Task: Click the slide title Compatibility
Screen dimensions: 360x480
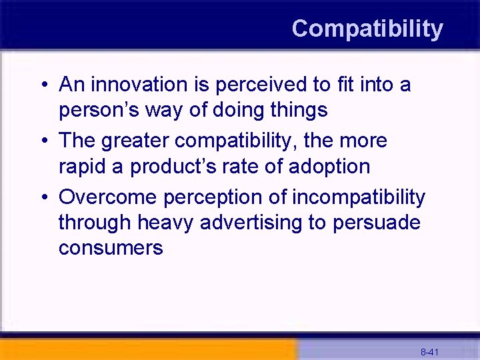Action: (x=367, y=29)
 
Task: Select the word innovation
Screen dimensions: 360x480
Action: (x=135, y=85)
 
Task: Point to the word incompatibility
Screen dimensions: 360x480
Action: (x=359, y=197)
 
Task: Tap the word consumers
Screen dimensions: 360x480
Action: (x=111, y=248)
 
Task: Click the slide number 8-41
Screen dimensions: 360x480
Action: (x=429, y=351)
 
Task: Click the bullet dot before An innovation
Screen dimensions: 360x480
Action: (x=43, y=85)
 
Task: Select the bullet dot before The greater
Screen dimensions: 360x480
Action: (x=43, y=141)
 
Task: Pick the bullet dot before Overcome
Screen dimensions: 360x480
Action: (x=43, y=198)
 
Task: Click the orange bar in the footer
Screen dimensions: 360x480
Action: (x=147, y=349)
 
